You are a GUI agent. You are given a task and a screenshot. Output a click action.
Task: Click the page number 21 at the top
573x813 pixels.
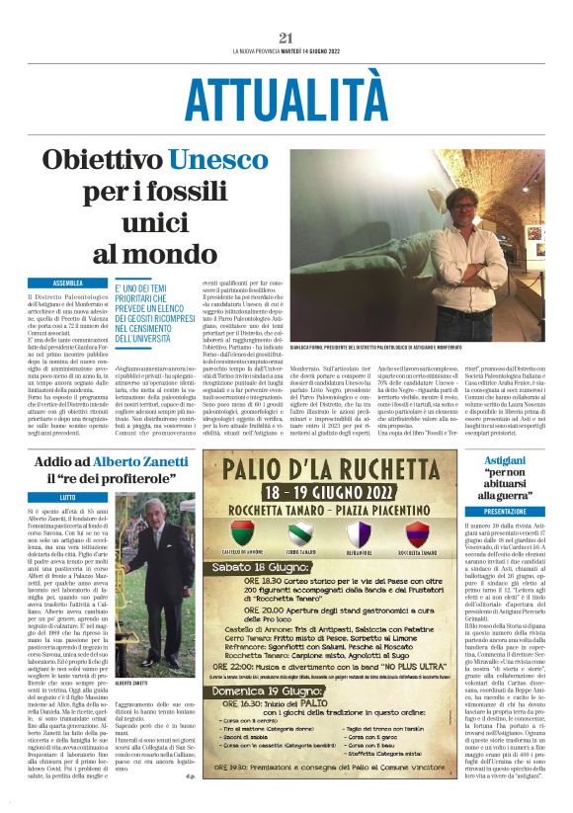[x=286, y=38]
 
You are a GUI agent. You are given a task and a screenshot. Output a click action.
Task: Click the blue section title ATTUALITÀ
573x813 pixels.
[x=286, y=100]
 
